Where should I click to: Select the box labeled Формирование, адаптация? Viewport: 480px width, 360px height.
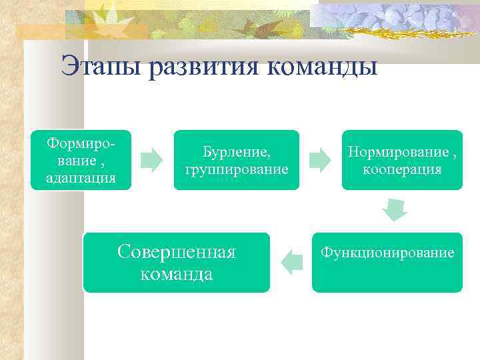[81, 160]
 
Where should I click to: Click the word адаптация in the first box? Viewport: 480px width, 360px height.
[81, 178]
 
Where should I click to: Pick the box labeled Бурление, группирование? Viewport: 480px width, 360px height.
[237, 160]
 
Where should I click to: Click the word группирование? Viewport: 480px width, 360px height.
[237, 169]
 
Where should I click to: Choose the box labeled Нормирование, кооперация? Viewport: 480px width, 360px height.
[401, 160]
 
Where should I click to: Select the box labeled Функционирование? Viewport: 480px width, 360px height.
[387, 262]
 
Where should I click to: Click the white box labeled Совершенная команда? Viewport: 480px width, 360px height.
[177, 262]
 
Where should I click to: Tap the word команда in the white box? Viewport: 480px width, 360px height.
[177, 273]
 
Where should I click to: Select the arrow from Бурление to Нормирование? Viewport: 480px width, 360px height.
[320, 161]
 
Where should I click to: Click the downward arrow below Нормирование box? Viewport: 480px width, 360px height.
[395, 211]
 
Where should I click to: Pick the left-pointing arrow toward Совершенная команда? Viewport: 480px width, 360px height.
[291, 261]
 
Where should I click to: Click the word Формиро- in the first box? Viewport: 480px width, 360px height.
[81, 143]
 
